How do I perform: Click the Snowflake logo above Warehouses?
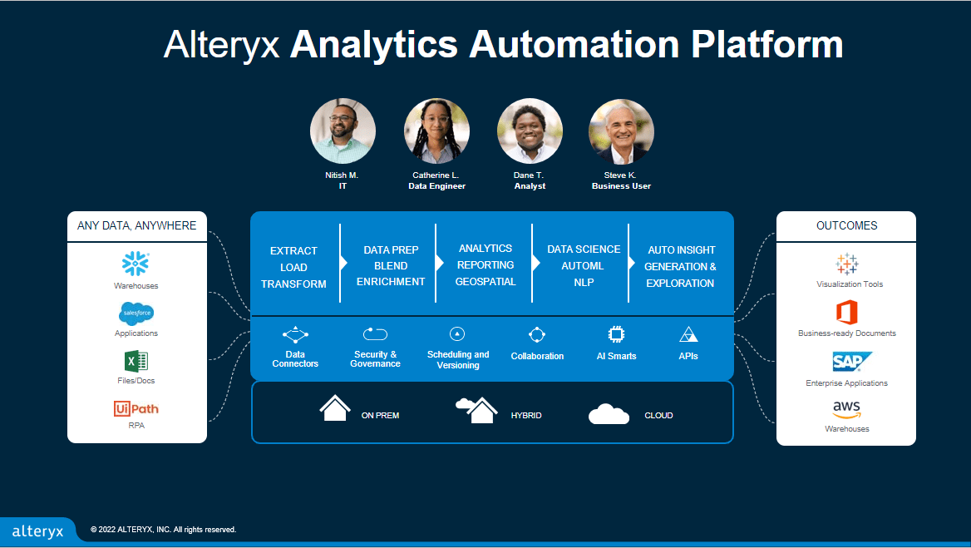click(x=136, y=264)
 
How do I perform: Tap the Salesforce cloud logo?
click(x=136, y=313)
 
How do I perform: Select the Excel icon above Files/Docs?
click(x=136, y=361)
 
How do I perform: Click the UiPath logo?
click(x=136, y=408)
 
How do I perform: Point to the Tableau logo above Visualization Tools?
click(x=847, y=264)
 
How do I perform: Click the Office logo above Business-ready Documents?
click(x=847, y=313)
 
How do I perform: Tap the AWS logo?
click(x=847, y=410)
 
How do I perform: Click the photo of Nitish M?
click(x=343, y=131)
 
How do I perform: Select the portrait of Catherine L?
click(x=436, y=131)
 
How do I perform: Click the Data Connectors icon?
click(x=295, y=335)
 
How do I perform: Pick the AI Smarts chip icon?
click(x=616, y=334)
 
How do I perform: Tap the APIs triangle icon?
click(x=688, y=334)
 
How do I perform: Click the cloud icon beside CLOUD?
click(x=609, y=414)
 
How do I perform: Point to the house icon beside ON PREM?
click(x=335, y=409)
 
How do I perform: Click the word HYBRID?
click(x=526, y=415)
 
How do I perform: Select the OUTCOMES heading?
click(x=846, y=225)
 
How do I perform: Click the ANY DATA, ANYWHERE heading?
click(x=137, y=225)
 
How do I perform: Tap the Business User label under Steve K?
click(x=621, y=186)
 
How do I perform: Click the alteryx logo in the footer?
click(x=37, y=531)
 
